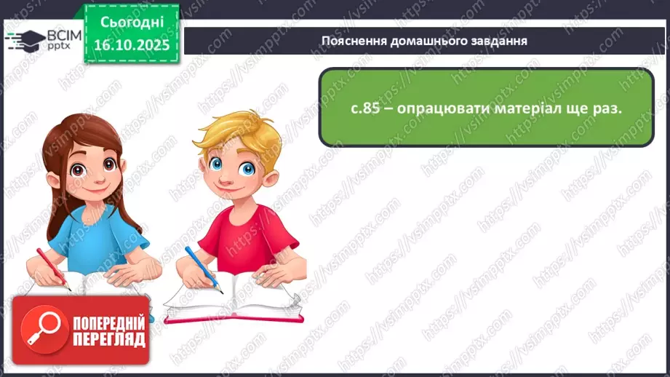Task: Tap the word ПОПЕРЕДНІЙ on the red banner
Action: (x=107, y=323)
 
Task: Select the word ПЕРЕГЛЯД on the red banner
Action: (x=107, y=340)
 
